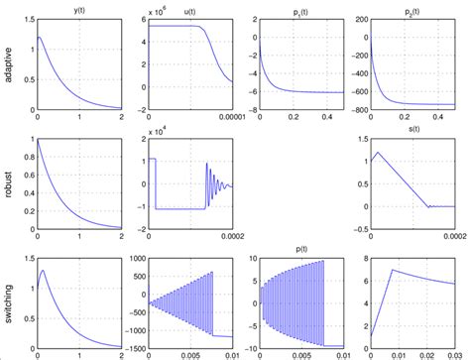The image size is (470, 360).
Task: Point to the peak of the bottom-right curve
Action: pos(394,269)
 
